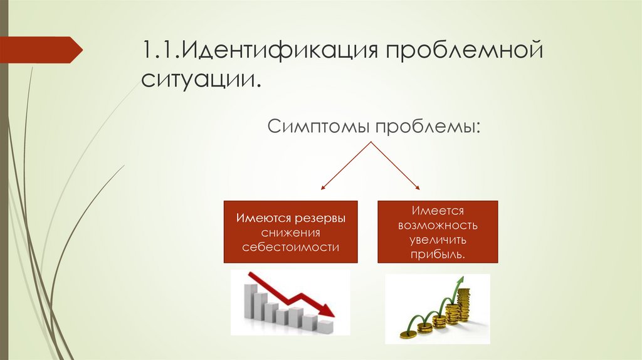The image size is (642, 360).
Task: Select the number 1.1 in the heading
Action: (x=159, y=50)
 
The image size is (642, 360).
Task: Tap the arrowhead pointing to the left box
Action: (x=323, y=187)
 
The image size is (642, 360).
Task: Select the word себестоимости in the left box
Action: (x=291, y=248)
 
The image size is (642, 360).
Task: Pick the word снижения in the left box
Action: (x=290, y=233)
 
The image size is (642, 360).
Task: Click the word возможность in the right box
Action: (x=438, y=226)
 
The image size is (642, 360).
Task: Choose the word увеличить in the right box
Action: (x=438, y=240)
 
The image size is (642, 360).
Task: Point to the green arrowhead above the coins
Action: (x=461, y=280)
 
